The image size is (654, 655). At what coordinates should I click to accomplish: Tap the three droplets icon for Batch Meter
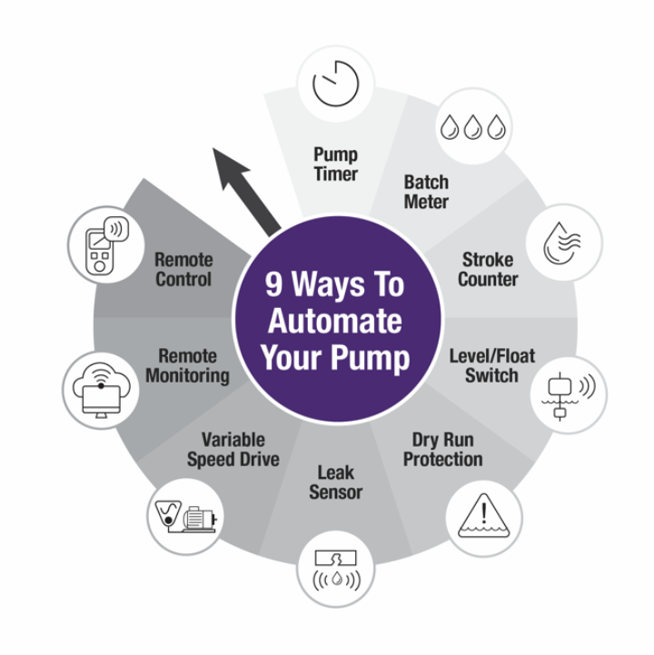coord(471,127)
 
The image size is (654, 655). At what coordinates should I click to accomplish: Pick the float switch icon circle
coord(569,393)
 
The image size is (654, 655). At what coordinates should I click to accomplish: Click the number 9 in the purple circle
coord(273,284)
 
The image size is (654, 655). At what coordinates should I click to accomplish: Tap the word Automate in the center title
coord(335,321)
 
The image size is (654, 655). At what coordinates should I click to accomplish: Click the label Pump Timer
coord(336,164)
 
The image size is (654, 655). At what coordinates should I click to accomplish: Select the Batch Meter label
coord(426,192)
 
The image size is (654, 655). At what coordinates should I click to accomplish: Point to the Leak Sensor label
coord(335,482)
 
